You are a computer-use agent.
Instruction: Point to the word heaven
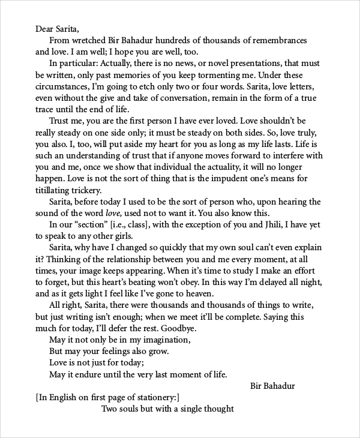(197, 293)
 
